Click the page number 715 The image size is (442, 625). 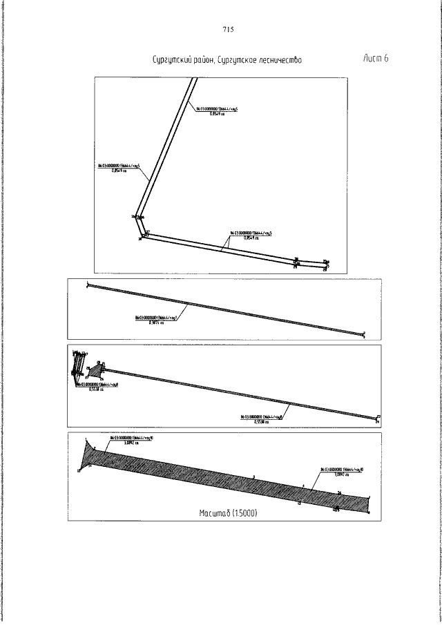(x=229, y=30)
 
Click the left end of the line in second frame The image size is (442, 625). (x=88, y=285)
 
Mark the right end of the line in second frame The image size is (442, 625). (x=363, y=336)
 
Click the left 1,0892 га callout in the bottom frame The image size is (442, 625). (x=128, y=441)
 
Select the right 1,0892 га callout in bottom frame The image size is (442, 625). (x=338, y=472)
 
